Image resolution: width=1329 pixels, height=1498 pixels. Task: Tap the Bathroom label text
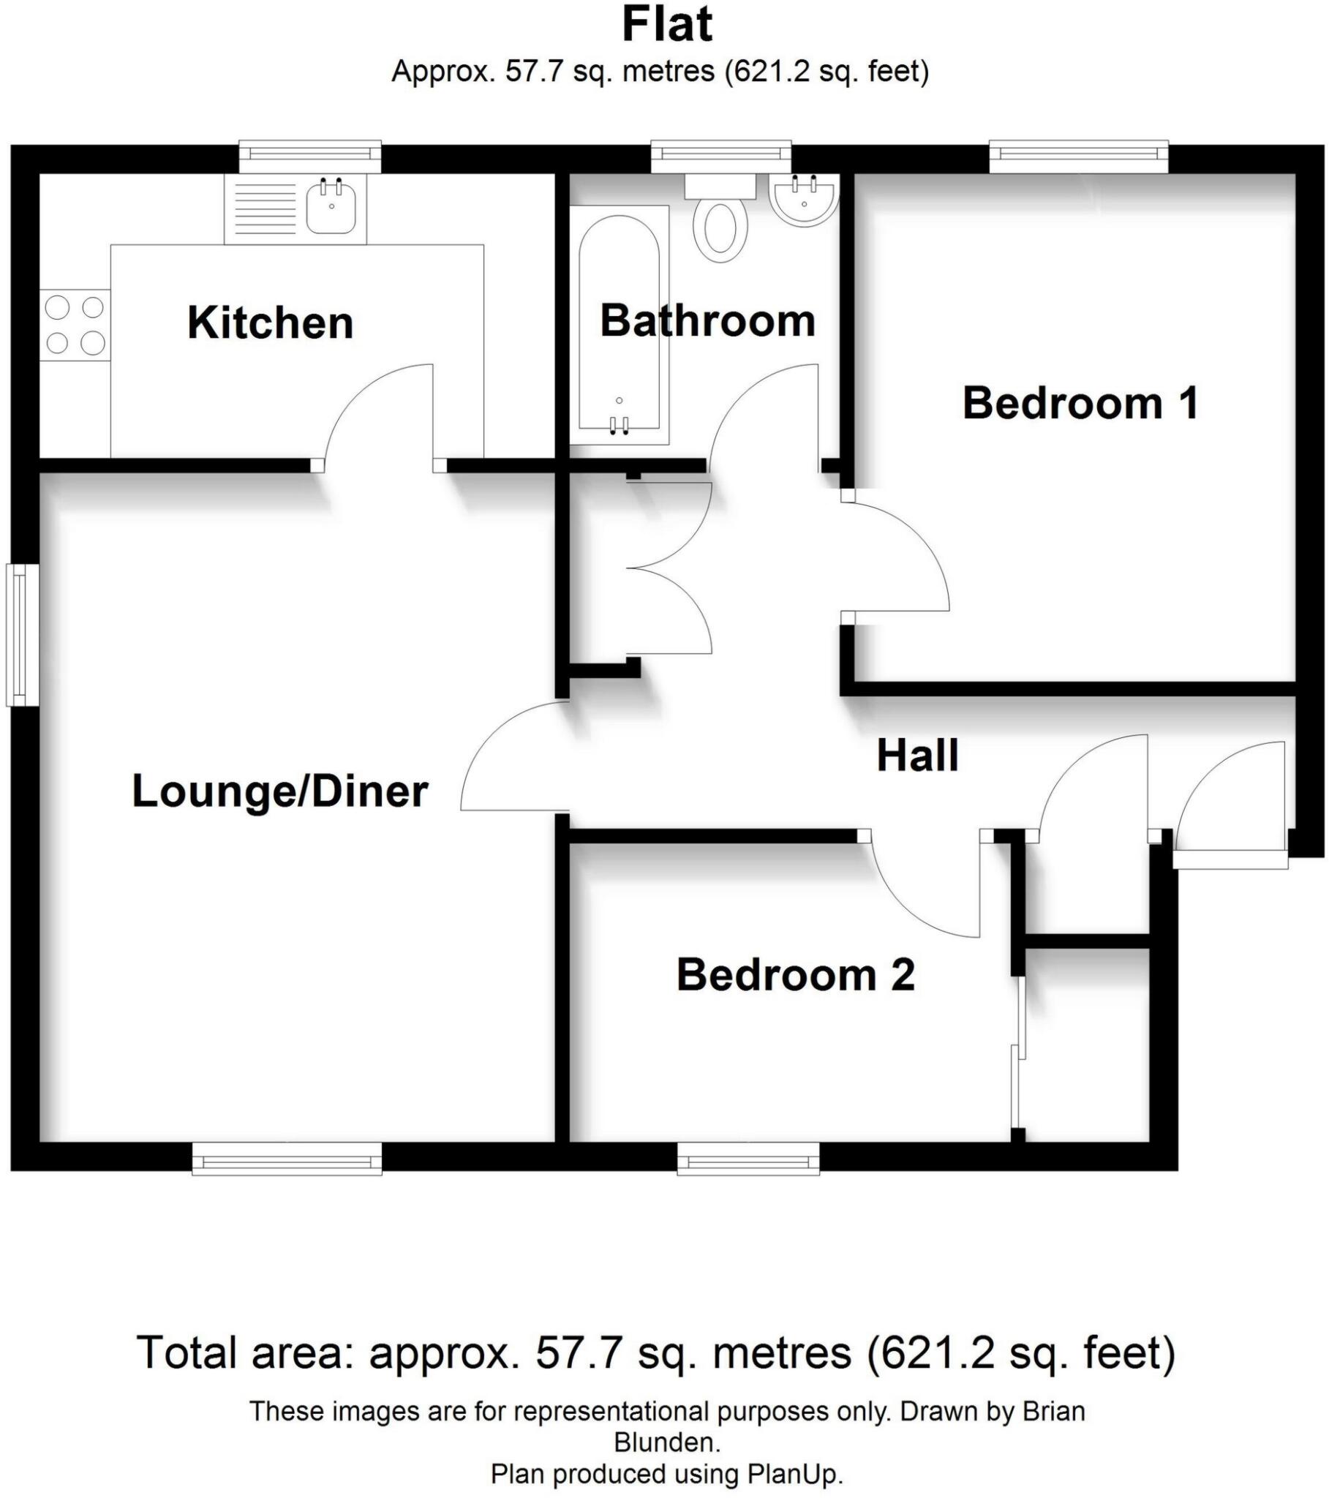coord(707,321)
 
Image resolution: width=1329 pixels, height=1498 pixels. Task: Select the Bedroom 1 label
coord(1079,403)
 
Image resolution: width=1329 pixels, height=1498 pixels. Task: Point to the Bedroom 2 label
coord(795,975)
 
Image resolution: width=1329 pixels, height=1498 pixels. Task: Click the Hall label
coord(917,756)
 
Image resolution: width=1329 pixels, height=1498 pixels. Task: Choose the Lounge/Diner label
coord(279,791)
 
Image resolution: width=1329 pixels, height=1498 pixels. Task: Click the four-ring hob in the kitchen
coord(75,325)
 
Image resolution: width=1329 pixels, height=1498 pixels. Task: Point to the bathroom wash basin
coord(803,200)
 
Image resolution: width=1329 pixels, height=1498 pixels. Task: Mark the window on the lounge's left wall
coord(22,634)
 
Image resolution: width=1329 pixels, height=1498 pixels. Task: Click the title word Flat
coord(666,24)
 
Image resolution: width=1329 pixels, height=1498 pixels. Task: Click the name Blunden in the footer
coord(666,1442)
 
